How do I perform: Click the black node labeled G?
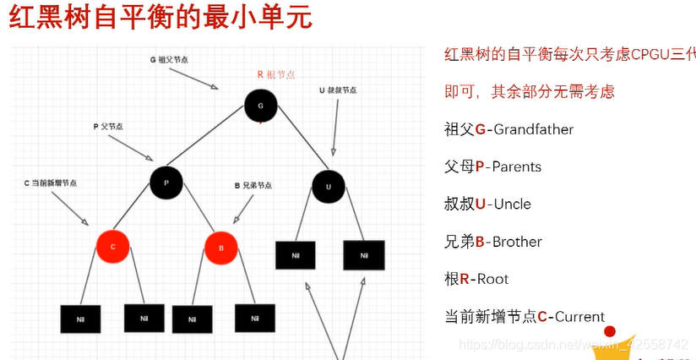coord(260,105)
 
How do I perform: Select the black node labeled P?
coord(166,182)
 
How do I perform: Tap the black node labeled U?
coord(328,186)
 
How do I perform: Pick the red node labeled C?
coord(112,246)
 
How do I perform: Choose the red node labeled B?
coord(221,248)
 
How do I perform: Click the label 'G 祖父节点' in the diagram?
coord(170,60)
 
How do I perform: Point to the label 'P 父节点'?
coord(107,126)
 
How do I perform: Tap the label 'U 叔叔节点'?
coord(339,90)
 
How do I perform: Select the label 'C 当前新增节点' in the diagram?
coord(51,183)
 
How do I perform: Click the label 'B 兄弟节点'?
coord(253,185)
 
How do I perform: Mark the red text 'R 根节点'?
coord(276,74)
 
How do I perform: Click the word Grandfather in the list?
coord(533,129)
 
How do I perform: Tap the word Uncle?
coord(512,204)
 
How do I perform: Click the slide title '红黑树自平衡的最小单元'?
coord(160,19)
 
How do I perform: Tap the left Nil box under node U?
coord(296,255)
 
